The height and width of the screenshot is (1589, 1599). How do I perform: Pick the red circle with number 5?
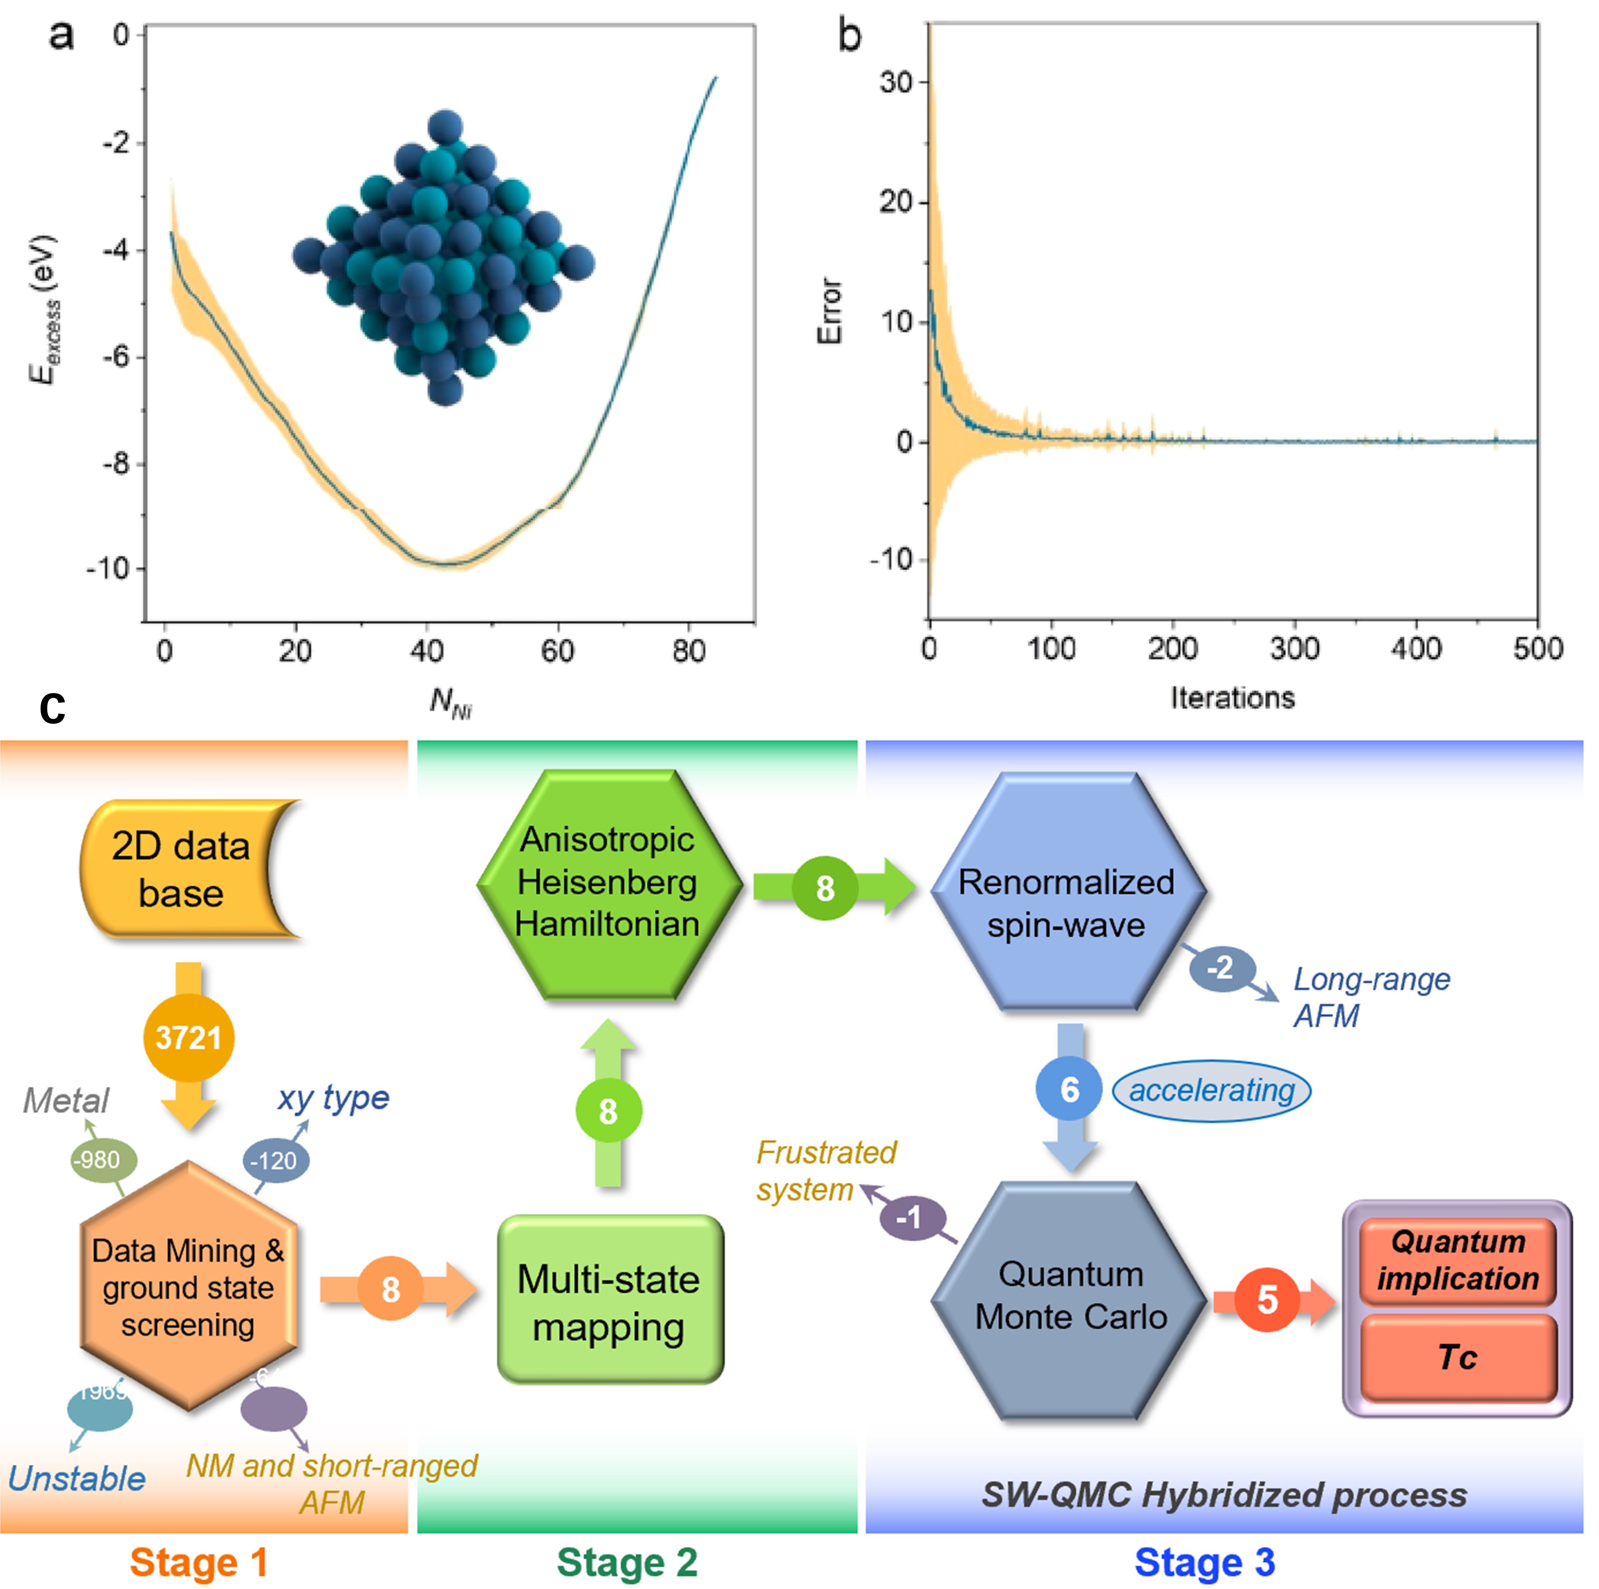pyautogui.click(x=1266, y=1300)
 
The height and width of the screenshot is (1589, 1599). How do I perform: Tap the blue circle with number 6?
pyautogui.click(x=1069, y=1089)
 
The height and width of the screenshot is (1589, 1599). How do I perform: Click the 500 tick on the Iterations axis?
pyautogui.click(x=1538, y=648)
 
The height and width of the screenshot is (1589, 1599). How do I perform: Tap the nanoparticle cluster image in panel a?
pyautogui.click(x=445, y=257)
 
